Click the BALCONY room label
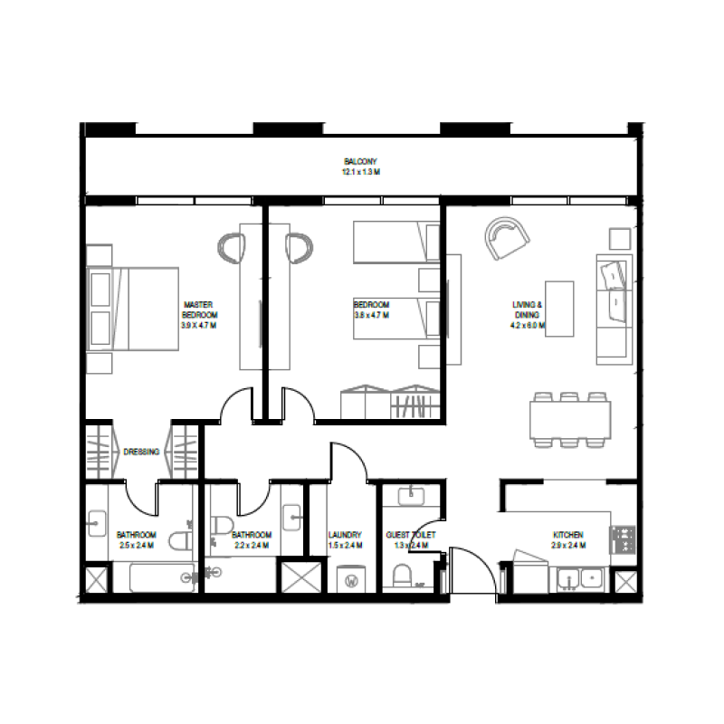coord(360,161)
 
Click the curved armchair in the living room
coord(506,238)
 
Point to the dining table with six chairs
coord(569,419)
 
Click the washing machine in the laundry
coord(350,578)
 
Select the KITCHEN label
coord(567,535)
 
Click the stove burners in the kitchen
coord(623,539)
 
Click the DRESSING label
coord(141,451)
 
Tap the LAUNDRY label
coord(345,535)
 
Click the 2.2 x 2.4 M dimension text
coord(252,546)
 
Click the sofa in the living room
coord(613,308)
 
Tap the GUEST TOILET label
coord(410,535)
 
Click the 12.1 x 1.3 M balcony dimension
coord(360,171)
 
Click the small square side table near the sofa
coord(620,238)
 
